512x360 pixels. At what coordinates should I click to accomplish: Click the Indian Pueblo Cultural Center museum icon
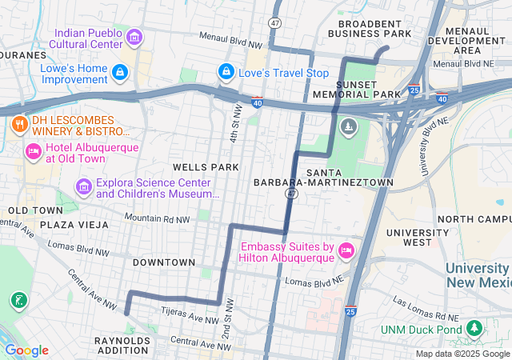(x=134, y=38)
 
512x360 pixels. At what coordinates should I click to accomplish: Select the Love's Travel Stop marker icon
(x=226, y=74)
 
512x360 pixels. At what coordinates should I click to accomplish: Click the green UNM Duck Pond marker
(x=474, y=329)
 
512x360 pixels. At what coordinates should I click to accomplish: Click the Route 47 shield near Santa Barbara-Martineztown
(x=293, y=194)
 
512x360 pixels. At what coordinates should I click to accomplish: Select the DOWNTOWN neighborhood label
(x=164, y=262)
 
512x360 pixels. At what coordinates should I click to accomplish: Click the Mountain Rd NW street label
(x=158, y=218)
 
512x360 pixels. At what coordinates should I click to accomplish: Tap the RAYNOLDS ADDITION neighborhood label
(x=122, y=346)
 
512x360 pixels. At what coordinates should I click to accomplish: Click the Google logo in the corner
(x=26, y=350)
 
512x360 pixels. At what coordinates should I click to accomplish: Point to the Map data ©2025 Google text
(x=462, y=354)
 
